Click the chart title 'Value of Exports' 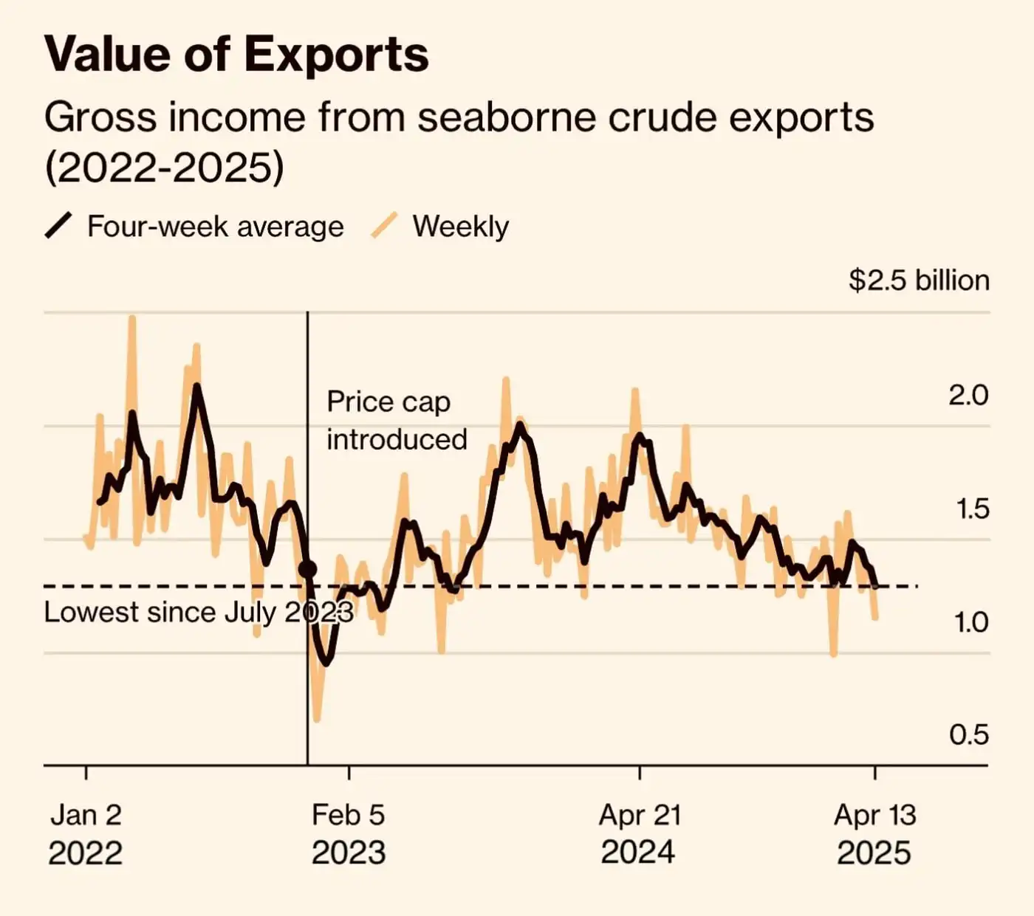pyautogui.click(x=236, y=54)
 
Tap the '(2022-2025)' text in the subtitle pyautogui.click(x=164, y=168)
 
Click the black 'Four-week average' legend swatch pyautogui.click(x=58, y=226)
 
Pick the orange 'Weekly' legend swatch pyautogui.click(x=384, y=226)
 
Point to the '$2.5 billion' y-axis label pyautogui.click(x=919, y=280)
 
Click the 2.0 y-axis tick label pyautogui.click(x=968, y=396)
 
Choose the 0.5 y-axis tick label pyautogui.click(x=968, y=735)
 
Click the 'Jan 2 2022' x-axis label pyautogui.click(x=86, y=834)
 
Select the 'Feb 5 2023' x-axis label pyautogui.click(x=349, y=834)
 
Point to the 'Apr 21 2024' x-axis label pyautogui.click(x=639, y=834)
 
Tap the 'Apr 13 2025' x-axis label pyautogui.click(x=874, y=834)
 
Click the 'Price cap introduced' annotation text pyautogui.click(x=397, y=421)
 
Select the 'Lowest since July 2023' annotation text pyautogui.click(x=199, y=613)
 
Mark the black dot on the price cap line pyautogui.click(x=308, y=570)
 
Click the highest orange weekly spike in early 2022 pyautogui.click(x=132, y=318)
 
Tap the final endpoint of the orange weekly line pyautogui.click(x=876, y=618)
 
